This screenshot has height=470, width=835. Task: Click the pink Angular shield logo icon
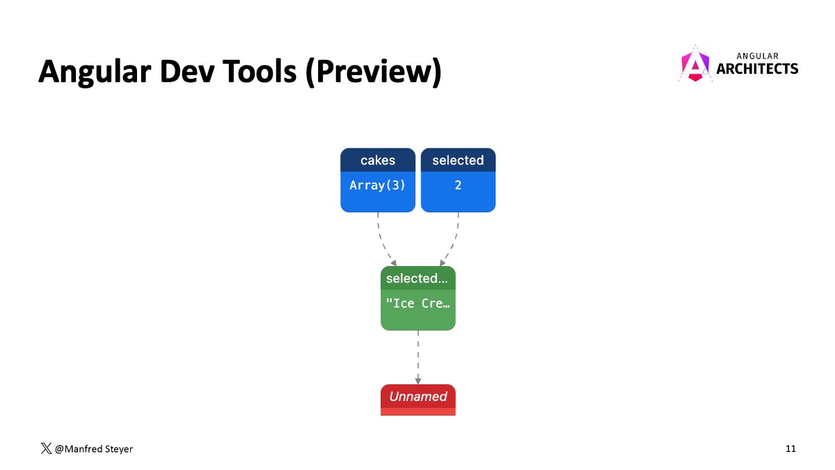coord(694,64)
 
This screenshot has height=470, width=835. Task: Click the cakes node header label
coord(378,160)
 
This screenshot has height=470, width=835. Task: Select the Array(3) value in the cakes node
coord(378,186)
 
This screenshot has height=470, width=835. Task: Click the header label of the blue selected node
coord(458,160)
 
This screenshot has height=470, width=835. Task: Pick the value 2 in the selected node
coord(458,186)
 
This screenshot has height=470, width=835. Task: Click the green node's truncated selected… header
coord(417,279)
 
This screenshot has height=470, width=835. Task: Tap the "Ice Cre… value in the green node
coord(417,304)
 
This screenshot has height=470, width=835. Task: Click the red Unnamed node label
coord(417,397)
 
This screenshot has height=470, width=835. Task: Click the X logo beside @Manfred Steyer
coord(46,449)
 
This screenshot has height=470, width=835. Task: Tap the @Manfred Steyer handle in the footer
coord(93,449)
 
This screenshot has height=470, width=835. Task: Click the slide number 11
coord(790,449)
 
